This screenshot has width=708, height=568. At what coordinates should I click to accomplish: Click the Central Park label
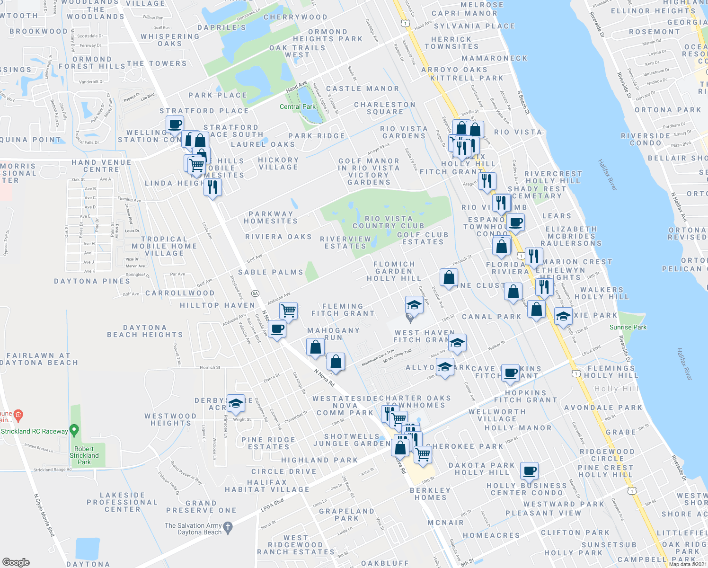click(297, 106)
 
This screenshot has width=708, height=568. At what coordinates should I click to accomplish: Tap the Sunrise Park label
click(628, 327)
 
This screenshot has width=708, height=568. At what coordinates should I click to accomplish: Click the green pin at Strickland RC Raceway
click(74, 431)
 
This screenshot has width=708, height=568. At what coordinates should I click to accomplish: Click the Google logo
click(16, 562)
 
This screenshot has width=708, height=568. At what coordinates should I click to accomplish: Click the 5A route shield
click(256, 293)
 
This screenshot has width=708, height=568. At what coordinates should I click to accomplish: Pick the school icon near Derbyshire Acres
click(236, 403)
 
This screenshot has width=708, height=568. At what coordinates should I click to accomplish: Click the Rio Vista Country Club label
click(388, 222)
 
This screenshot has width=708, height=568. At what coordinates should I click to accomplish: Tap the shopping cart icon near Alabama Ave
click(288, 311)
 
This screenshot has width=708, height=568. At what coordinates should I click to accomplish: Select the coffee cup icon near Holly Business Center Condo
click(529, 471)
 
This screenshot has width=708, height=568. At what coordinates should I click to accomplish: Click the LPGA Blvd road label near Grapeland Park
click(272, 505)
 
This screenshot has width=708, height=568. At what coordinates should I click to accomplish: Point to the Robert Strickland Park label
click(84, 455)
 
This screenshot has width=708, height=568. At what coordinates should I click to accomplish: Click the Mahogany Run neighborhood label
click(333, 334)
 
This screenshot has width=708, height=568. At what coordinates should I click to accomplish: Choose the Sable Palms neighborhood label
click(270, 272)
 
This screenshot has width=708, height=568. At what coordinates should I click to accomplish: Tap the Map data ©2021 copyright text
click(688, 564)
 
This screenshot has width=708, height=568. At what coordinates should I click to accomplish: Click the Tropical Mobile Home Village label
click(164, 246)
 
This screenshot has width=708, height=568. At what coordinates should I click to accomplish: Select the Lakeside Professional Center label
click(122, 502)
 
